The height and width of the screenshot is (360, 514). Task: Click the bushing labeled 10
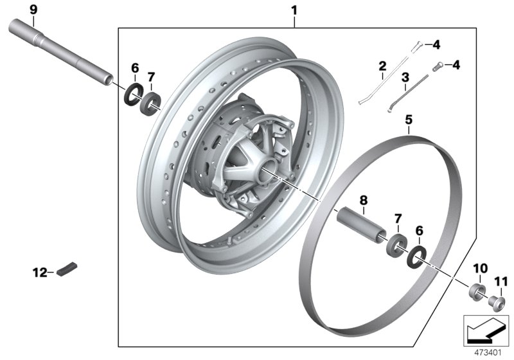478,290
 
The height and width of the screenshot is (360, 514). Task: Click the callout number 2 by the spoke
382,66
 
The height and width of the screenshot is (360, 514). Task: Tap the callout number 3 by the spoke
405,77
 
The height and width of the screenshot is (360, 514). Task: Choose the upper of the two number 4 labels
436,44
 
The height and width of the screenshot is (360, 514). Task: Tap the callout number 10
481,267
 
